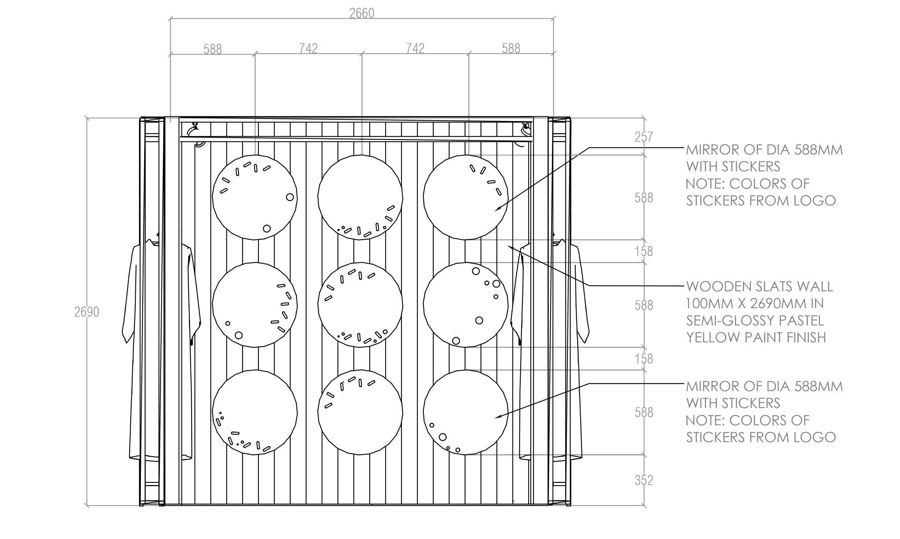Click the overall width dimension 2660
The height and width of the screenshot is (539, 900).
click(x=362, y=14)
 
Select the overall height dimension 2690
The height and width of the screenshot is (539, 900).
click(x=87, y=312)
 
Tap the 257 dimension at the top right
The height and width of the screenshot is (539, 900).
click(x=644, y=137)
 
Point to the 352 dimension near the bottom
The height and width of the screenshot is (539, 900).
click(x=644, y=480)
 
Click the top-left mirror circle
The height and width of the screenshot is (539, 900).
click(x=255, y=197)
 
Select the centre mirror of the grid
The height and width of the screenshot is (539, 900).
click(x=360, y=305)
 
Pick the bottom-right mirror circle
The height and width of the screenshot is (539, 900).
click(x=466, y=412)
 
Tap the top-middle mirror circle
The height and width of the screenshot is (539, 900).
click(x=360, y=197)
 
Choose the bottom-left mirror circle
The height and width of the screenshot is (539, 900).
click(x=255, y=412)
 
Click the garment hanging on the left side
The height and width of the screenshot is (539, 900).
click(x=161, y=349)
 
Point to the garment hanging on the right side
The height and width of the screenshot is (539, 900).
click(x=550, y=349)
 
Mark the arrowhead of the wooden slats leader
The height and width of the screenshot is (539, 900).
click(x=509, y=247)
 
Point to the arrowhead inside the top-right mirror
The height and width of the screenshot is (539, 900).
click(x=497, y=210)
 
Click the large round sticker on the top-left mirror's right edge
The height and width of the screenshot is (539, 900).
click(x=290, y=197)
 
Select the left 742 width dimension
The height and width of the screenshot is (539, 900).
click(x=308, y=48)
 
